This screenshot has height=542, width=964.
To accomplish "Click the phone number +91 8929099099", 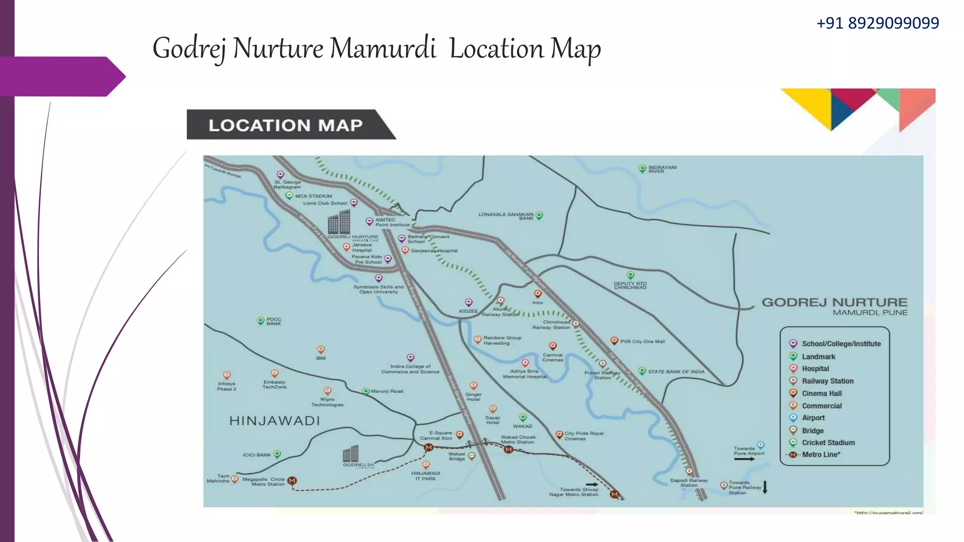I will pyautogui.click(x=877, y=23).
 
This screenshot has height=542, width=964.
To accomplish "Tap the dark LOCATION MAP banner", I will pyautogui.click(x=286, y=125).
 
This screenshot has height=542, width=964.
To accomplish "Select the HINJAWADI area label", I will pyautogui.click(x=274, y=421).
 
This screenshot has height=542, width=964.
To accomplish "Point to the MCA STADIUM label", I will pyautogui.click(x=313, y=196).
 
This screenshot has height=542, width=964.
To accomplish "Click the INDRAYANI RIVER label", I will pyautogui.click(x=662, y=169).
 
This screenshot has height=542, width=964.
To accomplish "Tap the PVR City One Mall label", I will pyautogui.click(x=642, y=342).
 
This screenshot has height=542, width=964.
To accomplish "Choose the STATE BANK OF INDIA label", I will pyautogui.click(x=676, y=372).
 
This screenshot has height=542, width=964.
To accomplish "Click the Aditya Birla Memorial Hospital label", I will pyautogui.click(x=525, y=374).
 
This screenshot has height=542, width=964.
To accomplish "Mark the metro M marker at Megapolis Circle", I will pyautogui.click(x=292, y=480).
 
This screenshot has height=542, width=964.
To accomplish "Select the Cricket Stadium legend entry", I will pyautogui.click(x=828, y=443).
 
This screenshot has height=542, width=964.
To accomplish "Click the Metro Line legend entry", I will pyautogui.click(x=821, y=454).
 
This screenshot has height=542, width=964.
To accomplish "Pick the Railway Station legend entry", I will pyautogui.click(x=827, y=381).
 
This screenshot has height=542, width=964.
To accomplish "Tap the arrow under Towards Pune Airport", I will pyautogui.click(x=744, y=459).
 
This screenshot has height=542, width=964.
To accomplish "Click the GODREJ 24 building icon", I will pyautogui.click(x=351, y=454).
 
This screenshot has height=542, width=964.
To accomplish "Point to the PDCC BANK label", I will pyautogui.click(x=273, y=321).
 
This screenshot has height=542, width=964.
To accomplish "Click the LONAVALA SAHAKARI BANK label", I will pyautogui.click(x=506, y=216).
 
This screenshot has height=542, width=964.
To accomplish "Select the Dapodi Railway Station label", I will pyautogui.click(x=689, y=483).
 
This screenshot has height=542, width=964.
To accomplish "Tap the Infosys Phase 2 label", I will pyautogui.click(x=226, y=386).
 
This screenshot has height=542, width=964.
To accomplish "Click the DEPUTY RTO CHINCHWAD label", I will pyautogui.click(x=630, y=286).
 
